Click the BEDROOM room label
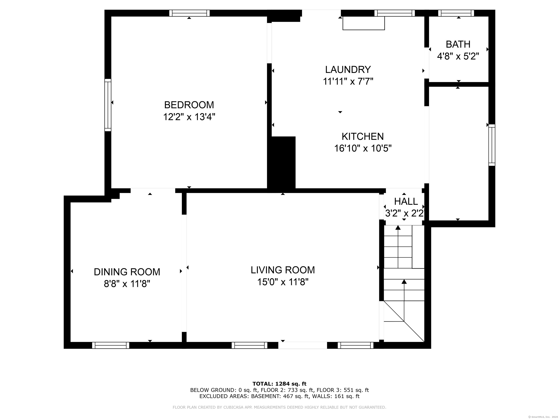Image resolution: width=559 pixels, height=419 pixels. (x=189, y=105)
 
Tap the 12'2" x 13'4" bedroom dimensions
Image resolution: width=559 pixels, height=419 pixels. (x=189, y=117)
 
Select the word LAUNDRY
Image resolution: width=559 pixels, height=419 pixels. (x=348, y=69)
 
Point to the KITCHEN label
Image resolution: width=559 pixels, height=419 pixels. (x=363, y=136)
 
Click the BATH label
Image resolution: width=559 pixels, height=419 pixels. (x=458, y=44)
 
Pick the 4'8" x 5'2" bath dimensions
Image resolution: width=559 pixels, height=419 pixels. (x=458, y=56)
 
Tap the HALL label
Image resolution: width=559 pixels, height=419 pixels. (x=406, y=201)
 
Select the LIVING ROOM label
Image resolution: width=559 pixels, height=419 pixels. (x=283, y=270)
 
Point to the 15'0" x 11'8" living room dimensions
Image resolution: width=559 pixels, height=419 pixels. (x=283, y=282)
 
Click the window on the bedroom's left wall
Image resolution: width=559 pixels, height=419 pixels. (x=108, y=105)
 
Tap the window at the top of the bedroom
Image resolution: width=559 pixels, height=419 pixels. (x=189, y=13)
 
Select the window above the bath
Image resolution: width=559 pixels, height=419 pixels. (x=456, y=13)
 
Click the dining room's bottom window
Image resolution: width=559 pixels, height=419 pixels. (x=111, y=345)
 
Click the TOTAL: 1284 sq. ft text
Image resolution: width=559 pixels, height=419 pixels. (x=279, y=384)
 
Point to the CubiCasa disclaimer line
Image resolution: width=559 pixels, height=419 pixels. (x=279, y=407)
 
